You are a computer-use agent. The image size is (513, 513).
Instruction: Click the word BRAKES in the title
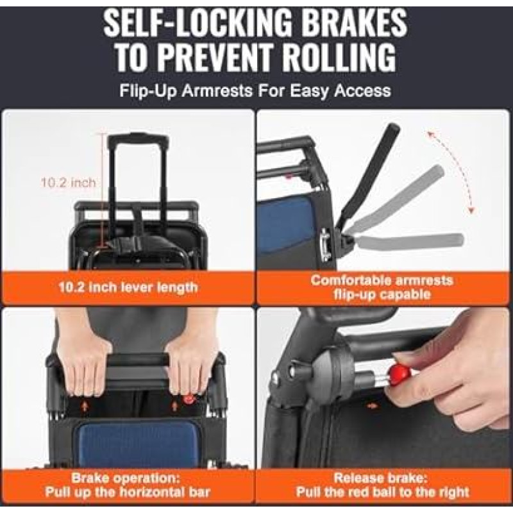coord(355,24)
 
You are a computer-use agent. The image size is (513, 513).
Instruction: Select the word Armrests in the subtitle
coord(217,90)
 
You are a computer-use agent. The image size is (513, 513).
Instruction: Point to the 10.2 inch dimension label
coord(69,183)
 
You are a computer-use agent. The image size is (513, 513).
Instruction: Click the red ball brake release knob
coord(398,374)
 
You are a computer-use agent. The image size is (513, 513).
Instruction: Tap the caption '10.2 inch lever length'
coord(128,287)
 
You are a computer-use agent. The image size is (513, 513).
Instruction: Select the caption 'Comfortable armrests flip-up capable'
coord(382,287)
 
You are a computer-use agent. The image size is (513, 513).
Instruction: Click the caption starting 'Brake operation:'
coord(128,485)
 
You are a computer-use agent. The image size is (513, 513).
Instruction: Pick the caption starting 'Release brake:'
coord(382,485)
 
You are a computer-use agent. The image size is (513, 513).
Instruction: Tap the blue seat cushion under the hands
coord(137,442)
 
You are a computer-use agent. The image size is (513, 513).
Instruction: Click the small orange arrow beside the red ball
coord(373,406)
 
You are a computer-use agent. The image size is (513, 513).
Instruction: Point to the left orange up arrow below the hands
coord(85,406)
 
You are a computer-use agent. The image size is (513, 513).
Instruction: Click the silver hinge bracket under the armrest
coord(326,245)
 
